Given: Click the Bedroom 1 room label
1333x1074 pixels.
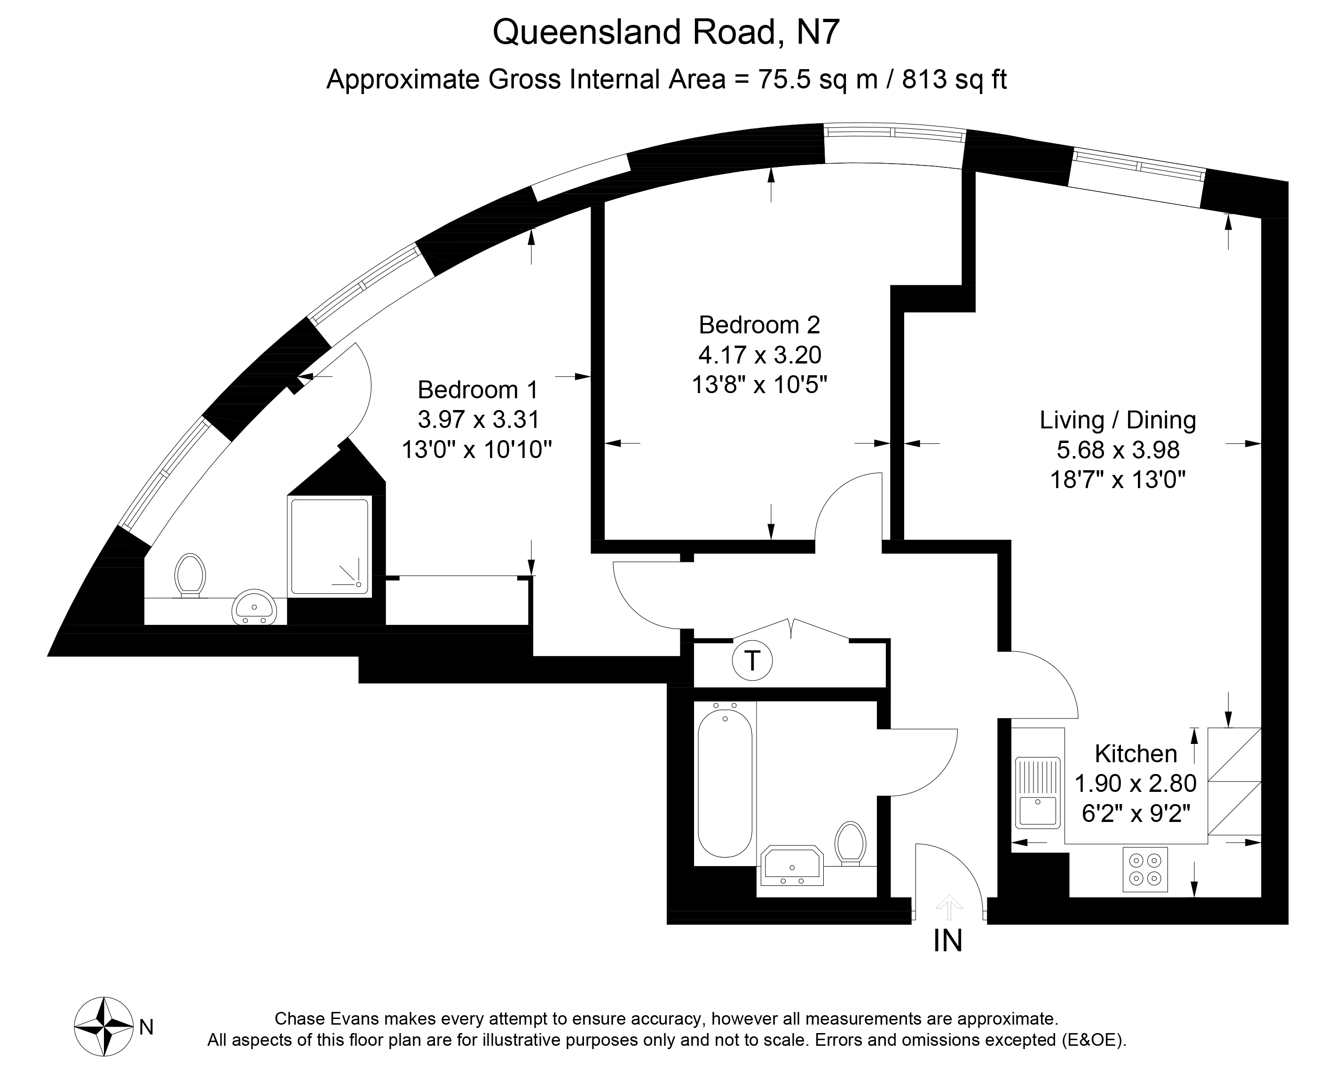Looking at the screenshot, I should point(478,390).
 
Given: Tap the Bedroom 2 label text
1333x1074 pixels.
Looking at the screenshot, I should point(759,325).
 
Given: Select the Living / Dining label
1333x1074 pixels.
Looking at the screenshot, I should point(1118,420).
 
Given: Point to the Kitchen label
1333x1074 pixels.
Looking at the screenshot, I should point(1136,753).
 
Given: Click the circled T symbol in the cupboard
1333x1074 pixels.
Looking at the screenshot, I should point(751,661).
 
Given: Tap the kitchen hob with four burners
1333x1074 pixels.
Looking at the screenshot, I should point(1145,869).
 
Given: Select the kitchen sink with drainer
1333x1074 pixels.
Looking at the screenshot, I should point(1037,792).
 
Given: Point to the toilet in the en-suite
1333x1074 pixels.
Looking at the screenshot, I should point(190,574).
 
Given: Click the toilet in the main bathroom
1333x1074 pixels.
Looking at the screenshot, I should point(850,842).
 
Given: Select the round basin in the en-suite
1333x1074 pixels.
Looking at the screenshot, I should point(253,607).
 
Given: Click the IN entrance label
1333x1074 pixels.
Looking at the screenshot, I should point(947,941).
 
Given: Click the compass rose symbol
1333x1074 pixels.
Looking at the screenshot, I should point(103,1027).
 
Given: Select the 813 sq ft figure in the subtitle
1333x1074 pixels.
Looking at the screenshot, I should point(954,79).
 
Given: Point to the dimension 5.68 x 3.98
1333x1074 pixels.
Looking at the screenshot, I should point(1118,450).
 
